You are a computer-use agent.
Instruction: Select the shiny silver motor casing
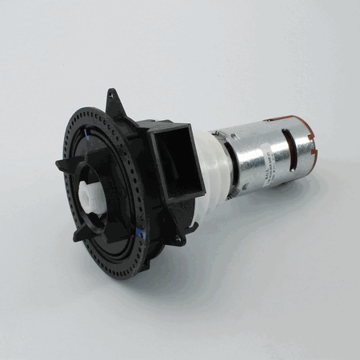(256, 148)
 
